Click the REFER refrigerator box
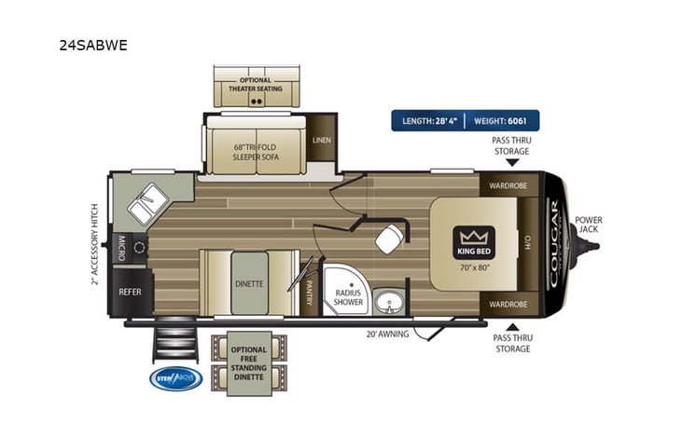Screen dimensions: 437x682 pos(129,290)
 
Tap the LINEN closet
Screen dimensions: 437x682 pos(322,141)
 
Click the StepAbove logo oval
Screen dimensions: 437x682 pos(174,378)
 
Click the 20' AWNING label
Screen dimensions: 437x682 pos(388,334)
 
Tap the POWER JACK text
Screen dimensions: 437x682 pos(588,225)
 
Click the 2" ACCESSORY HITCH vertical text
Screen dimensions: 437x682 pos(95,244)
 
